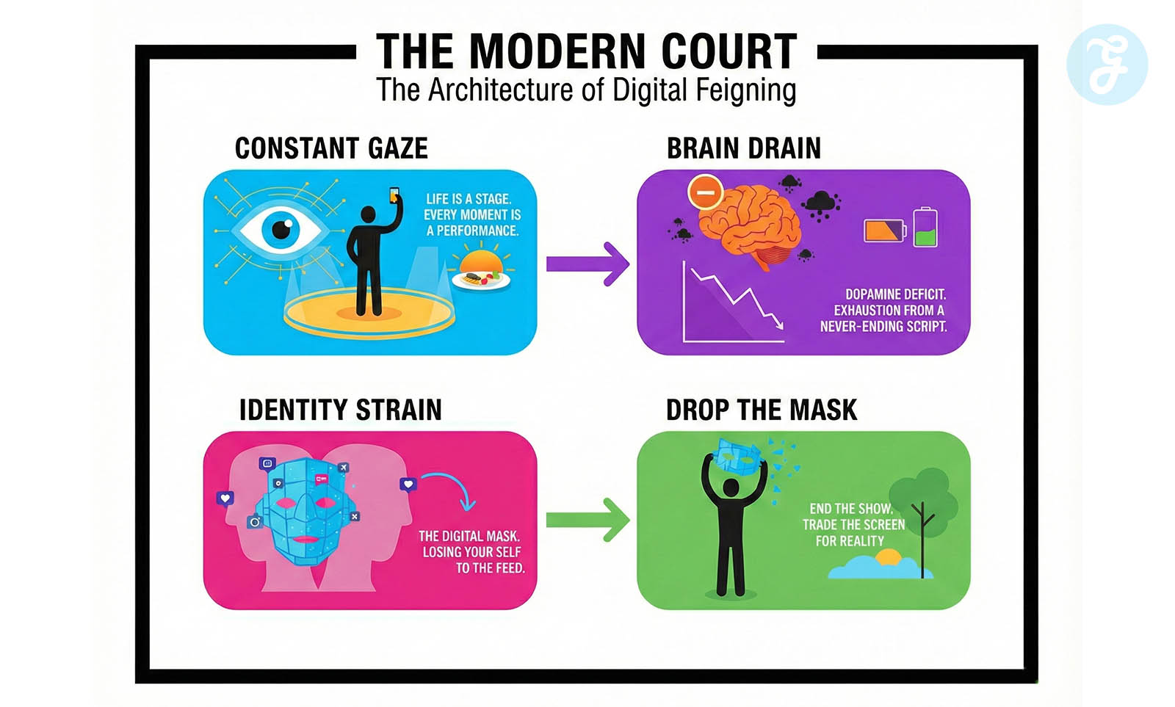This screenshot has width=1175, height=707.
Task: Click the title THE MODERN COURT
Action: coord(586,51)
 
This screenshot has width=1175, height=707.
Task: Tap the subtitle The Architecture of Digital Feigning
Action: coord(586,91)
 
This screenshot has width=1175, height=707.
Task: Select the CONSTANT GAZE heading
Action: coord(331,149)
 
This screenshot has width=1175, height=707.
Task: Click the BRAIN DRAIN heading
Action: coord(743,149)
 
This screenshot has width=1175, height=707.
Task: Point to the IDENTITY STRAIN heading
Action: coord(340,410)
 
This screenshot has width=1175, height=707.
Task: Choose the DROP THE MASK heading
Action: coord(761,410)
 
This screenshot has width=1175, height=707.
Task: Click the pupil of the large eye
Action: coord(282,230)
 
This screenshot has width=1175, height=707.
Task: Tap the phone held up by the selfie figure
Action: coord(394,195)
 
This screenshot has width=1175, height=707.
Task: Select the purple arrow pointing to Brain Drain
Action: coord(587,263)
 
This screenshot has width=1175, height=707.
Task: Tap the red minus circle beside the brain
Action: coord(705,192)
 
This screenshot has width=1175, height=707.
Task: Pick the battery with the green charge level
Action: coord(925,228)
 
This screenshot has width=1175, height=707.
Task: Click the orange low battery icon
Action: coord(885,231)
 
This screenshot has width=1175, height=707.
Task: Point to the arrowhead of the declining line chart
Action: coord(777,324)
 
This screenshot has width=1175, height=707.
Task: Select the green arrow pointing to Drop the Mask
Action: coord(587,520)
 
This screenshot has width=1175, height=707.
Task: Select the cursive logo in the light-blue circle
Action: coord(1107,65)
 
